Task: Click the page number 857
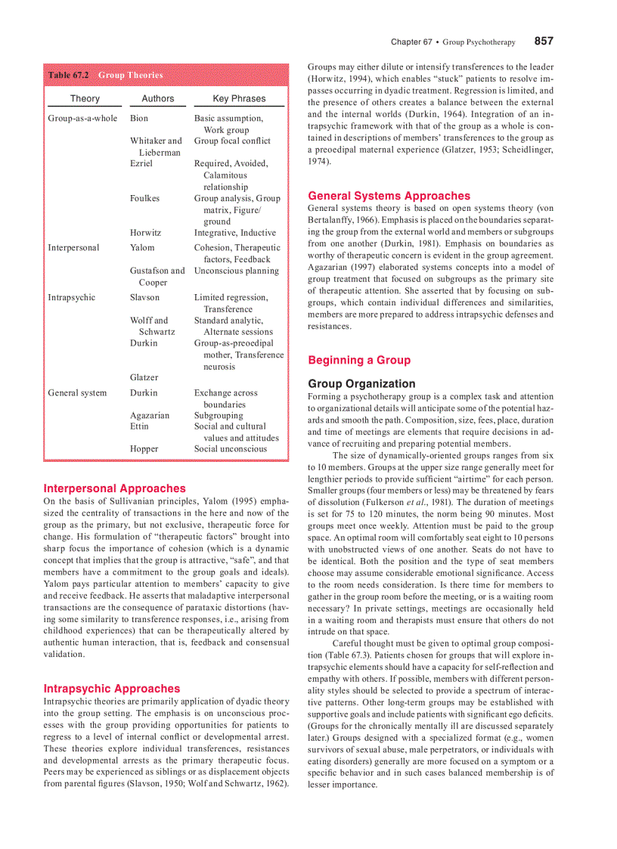coord(544,41)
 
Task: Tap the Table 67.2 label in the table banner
coord(69,76)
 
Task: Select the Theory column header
coord(85,98)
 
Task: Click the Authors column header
coord(157,98)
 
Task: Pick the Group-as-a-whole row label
coord(82,119)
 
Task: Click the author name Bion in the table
coord(139,119)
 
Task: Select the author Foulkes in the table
coord(144,199)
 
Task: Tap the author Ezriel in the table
coord(141,163)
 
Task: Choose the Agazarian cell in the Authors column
coord(150,415)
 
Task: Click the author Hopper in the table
coord(144,449)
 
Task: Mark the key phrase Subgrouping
coord(219,415)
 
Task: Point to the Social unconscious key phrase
coord(230,449)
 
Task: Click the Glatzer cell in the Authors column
coord(144,377)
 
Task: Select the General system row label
coord(77,393)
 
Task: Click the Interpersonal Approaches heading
coord(114,488)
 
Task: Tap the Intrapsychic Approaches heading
coord(112,689)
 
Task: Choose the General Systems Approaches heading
coord(389,196)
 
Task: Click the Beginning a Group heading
coord(359,360)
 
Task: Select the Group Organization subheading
coord(361,383)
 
